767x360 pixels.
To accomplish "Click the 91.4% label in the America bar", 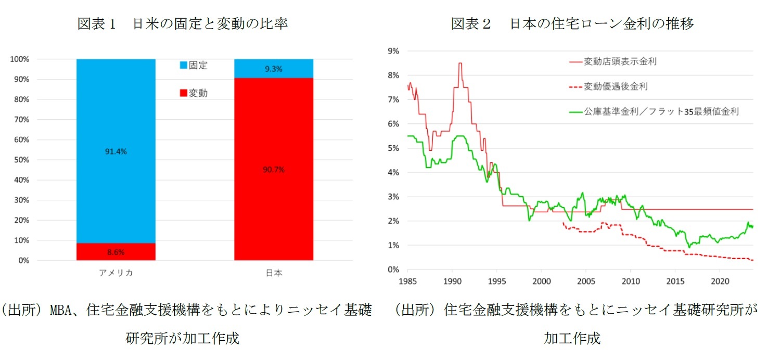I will click(x=116, y=151).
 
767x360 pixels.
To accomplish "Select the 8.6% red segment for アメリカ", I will click(x=116, y=252).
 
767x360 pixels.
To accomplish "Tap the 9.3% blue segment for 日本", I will click(x=274, y=68).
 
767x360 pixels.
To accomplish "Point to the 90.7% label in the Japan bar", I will click(x=274, y=170).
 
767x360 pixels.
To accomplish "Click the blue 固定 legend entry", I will click(x=193, y=66).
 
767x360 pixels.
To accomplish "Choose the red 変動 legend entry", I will click(x=193, y=93).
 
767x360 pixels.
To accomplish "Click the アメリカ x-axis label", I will click(x=116, y=273).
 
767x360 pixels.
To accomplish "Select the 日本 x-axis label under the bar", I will click(x=274, y=273).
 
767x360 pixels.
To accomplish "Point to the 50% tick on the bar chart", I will click(x=21, y=160).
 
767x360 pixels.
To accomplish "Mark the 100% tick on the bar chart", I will click(x=20, y=59).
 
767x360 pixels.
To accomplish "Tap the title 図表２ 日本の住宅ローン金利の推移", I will click(x=572, y=24).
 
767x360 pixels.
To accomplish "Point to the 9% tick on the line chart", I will click(x=393, y=51).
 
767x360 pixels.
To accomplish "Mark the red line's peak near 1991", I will click(x=460, y=63).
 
